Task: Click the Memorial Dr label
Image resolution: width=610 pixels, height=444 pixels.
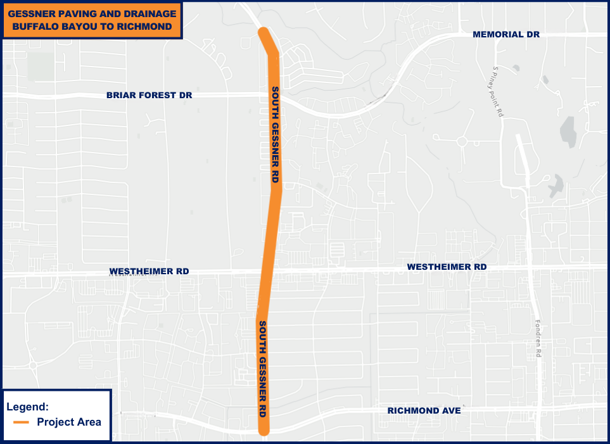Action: coord(506,34)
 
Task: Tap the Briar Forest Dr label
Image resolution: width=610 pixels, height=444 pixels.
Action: coord(149,95)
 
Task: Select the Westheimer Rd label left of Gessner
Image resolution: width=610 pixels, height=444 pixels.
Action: coord(149,271)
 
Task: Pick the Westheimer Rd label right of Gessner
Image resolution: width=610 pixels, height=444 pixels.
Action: coord(447,267)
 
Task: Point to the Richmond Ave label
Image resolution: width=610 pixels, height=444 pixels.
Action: coord(424,411)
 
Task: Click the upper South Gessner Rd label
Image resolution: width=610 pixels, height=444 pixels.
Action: coord(275,134)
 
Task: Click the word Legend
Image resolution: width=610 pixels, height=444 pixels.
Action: coord(27,407)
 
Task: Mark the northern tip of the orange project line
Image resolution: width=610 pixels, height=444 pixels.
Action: coord(263,32)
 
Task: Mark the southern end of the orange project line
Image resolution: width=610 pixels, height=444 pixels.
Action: coord(264,431)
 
